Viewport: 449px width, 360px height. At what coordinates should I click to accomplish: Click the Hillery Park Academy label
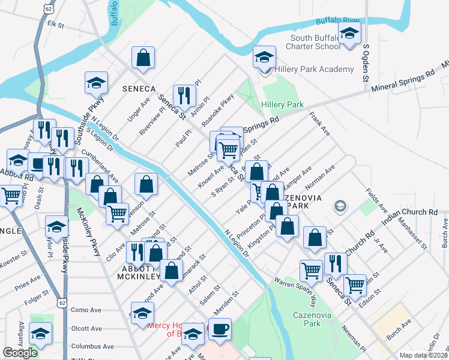tap(314, 70)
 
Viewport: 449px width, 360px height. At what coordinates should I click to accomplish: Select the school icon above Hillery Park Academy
tap(264, 58)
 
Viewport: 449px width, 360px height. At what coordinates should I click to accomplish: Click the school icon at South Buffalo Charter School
tap(349, 34)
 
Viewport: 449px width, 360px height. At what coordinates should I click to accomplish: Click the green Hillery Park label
tap(282, 104)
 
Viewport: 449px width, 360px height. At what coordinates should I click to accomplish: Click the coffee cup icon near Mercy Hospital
tap(220, 330)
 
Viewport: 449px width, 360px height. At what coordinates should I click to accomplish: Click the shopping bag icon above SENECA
tap(143, 58)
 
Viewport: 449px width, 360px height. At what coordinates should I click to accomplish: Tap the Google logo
tap(20, 353)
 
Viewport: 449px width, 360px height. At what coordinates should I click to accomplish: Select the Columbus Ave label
tap(92, 346)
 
